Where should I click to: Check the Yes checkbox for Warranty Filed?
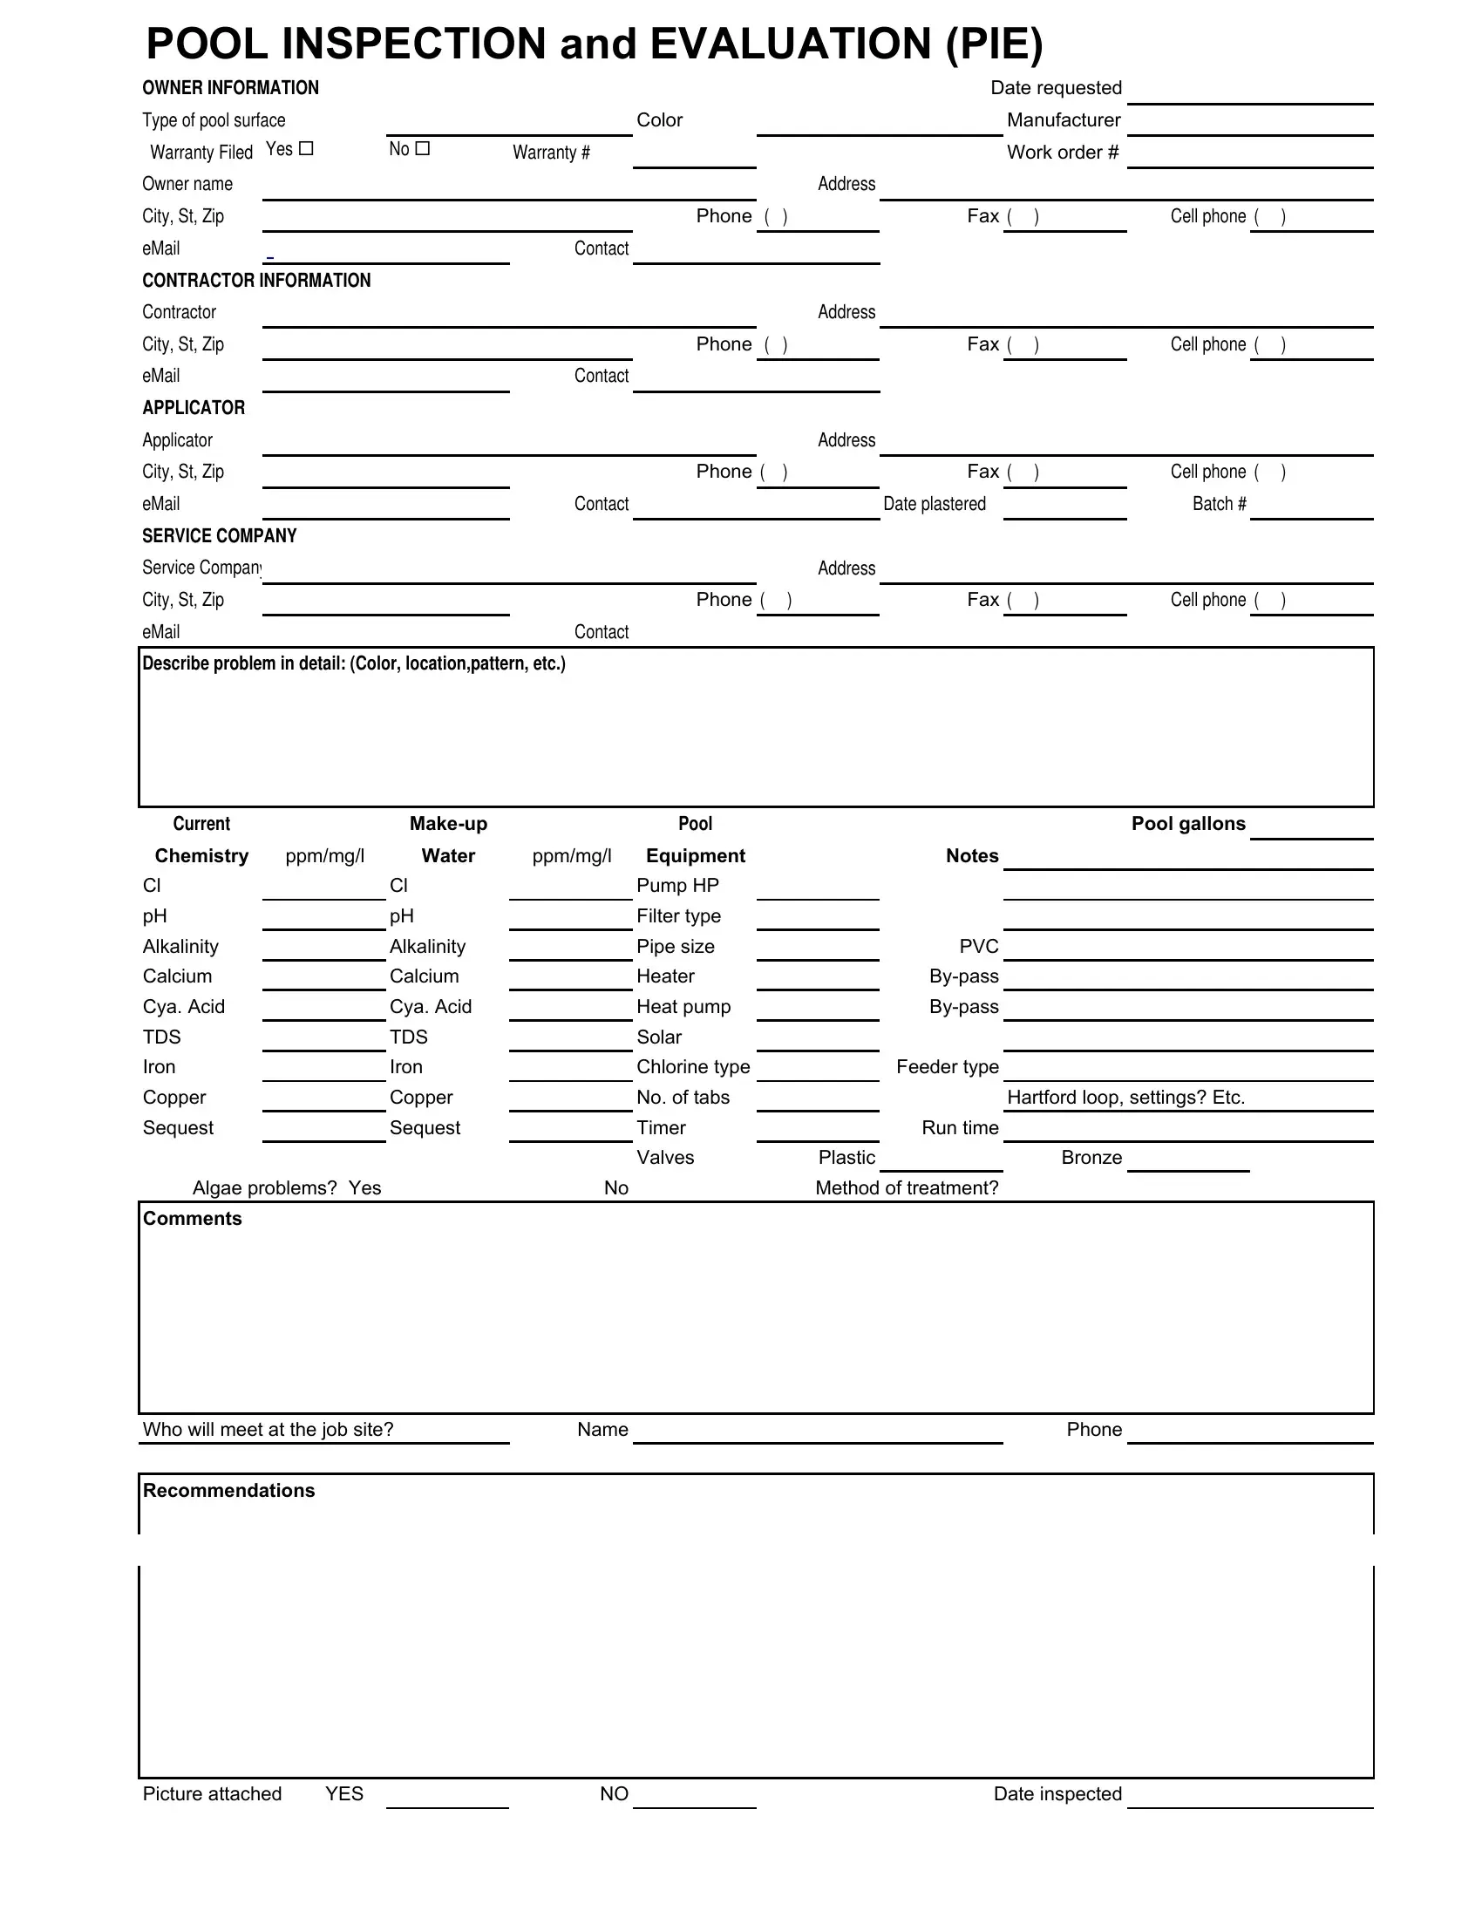[305, 148]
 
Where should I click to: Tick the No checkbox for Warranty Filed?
[422, 148]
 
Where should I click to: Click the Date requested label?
[1056, 88]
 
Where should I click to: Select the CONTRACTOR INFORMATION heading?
[256, 280]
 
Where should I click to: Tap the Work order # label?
[1063, 152]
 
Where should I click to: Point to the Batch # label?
[1219, 504]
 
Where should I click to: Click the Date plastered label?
[935, 504]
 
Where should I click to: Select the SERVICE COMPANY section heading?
[220, 535]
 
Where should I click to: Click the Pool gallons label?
[1188, 824]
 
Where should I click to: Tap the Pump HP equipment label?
[676, 885]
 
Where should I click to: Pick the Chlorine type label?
[693, 1067]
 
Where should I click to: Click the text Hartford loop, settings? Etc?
[1125, 1098]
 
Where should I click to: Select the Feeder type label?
[948, 1067]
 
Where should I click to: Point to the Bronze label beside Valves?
[1091, 1158]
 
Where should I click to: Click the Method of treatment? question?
[907, 1188]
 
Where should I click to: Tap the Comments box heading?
[193, 1219]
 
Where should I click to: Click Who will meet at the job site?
[268, 1430]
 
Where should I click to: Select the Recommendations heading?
[228, 1491]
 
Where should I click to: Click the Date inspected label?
[1057, 1794]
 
